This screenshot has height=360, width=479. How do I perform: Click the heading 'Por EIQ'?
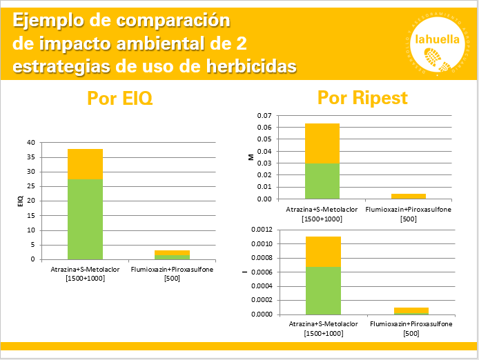[120, 99]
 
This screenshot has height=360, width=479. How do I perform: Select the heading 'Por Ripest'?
[362, 99]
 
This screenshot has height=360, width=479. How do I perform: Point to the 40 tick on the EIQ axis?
[30, 142]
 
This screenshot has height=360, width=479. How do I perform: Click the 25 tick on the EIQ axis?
[30, 186]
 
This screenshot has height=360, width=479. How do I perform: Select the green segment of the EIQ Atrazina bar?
[85, 219]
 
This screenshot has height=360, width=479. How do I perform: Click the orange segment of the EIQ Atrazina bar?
[85, 164]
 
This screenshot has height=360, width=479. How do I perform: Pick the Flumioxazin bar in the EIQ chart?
[172, 254]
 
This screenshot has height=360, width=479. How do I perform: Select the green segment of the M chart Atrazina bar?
[322, 181]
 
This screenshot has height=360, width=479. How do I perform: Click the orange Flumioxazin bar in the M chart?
[409, 196]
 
